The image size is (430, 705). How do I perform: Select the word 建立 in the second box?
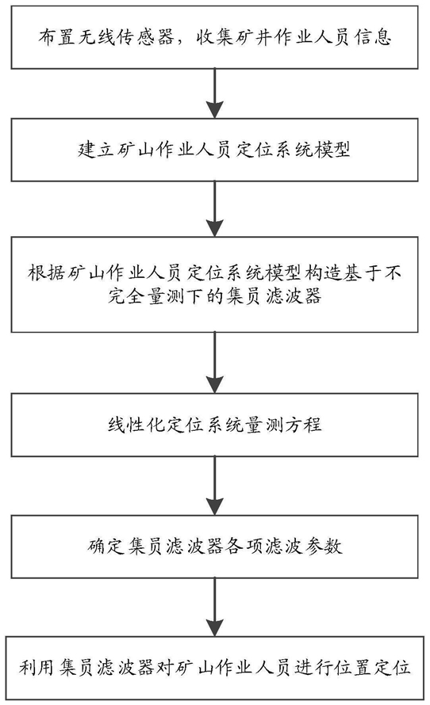pyautogui.click(x=96, y=149)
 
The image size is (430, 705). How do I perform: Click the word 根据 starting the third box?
pyautogui.click(x=46, y=272)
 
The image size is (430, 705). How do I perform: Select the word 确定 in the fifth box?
pyautogui.click(x=106, y=546)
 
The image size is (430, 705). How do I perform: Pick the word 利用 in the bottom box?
pyautogui.click(x=37, y=667)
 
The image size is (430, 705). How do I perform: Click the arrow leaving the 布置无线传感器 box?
pyautogui.click(x=215, y=93)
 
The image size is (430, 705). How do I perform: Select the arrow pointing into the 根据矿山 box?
pyautogui.click(x=215, y=209)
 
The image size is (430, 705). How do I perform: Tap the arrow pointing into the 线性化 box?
pyautogui.click(x=215, y=363)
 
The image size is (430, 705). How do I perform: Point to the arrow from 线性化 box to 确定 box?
pyautogui.click(x=215, y=486)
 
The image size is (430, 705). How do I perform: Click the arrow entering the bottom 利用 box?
pyautogui.click(x=215, y=607)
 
